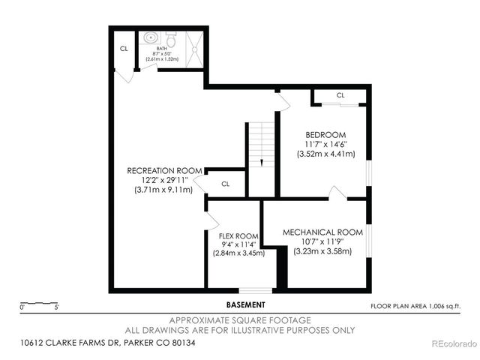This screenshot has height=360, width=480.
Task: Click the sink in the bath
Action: (x=149, y=36)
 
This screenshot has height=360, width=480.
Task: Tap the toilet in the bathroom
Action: (x=169, y=34)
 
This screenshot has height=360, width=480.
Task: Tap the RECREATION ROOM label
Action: (x=163, y=170)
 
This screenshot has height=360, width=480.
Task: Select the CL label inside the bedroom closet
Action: (x=340, y=95)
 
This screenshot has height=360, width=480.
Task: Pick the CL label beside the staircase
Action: (x=225, y=183)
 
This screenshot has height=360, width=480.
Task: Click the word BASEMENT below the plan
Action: (x=245, y=305)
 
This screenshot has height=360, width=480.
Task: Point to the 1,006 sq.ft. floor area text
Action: (x=415, y=306)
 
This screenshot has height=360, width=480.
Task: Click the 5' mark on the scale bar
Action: (x=57, y=306)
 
